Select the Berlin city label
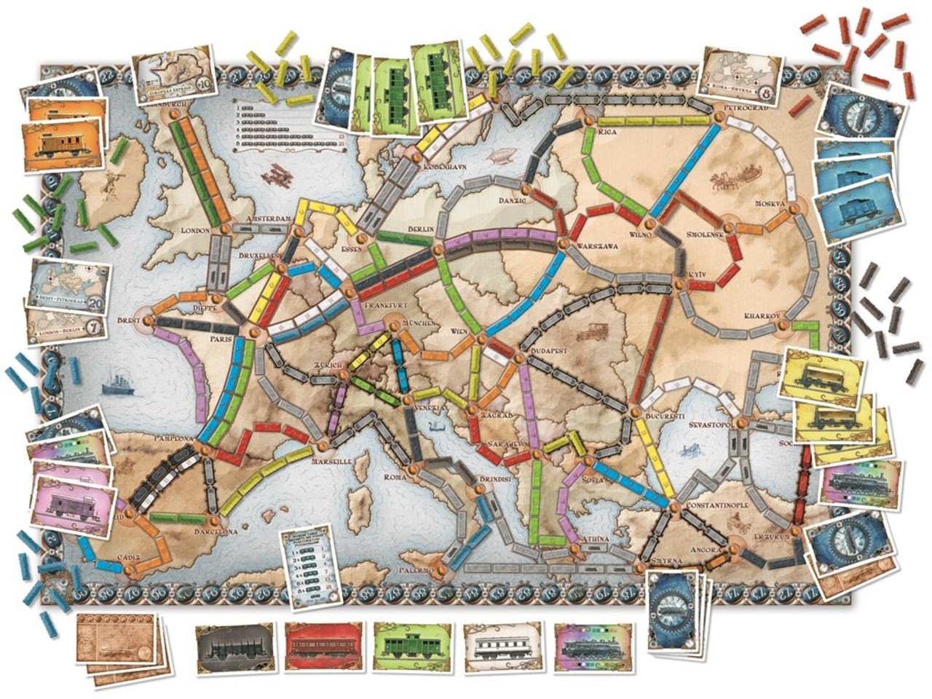(422, 229)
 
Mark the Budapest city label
(554, 350)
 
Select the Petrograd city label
(741, 108)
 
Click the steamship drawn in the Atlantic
(117, 382)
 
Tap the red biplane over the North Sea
(276, 175)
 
